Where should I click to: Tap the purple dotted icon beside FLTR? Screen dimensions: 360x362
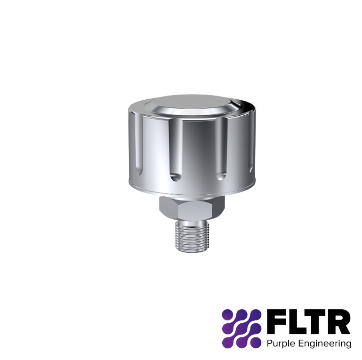coord(241,328)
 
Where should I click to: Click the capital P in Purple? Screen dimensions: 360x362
coord(269,343)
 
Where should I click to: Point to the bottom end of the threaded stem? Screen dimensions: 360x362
coord(190,249)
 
